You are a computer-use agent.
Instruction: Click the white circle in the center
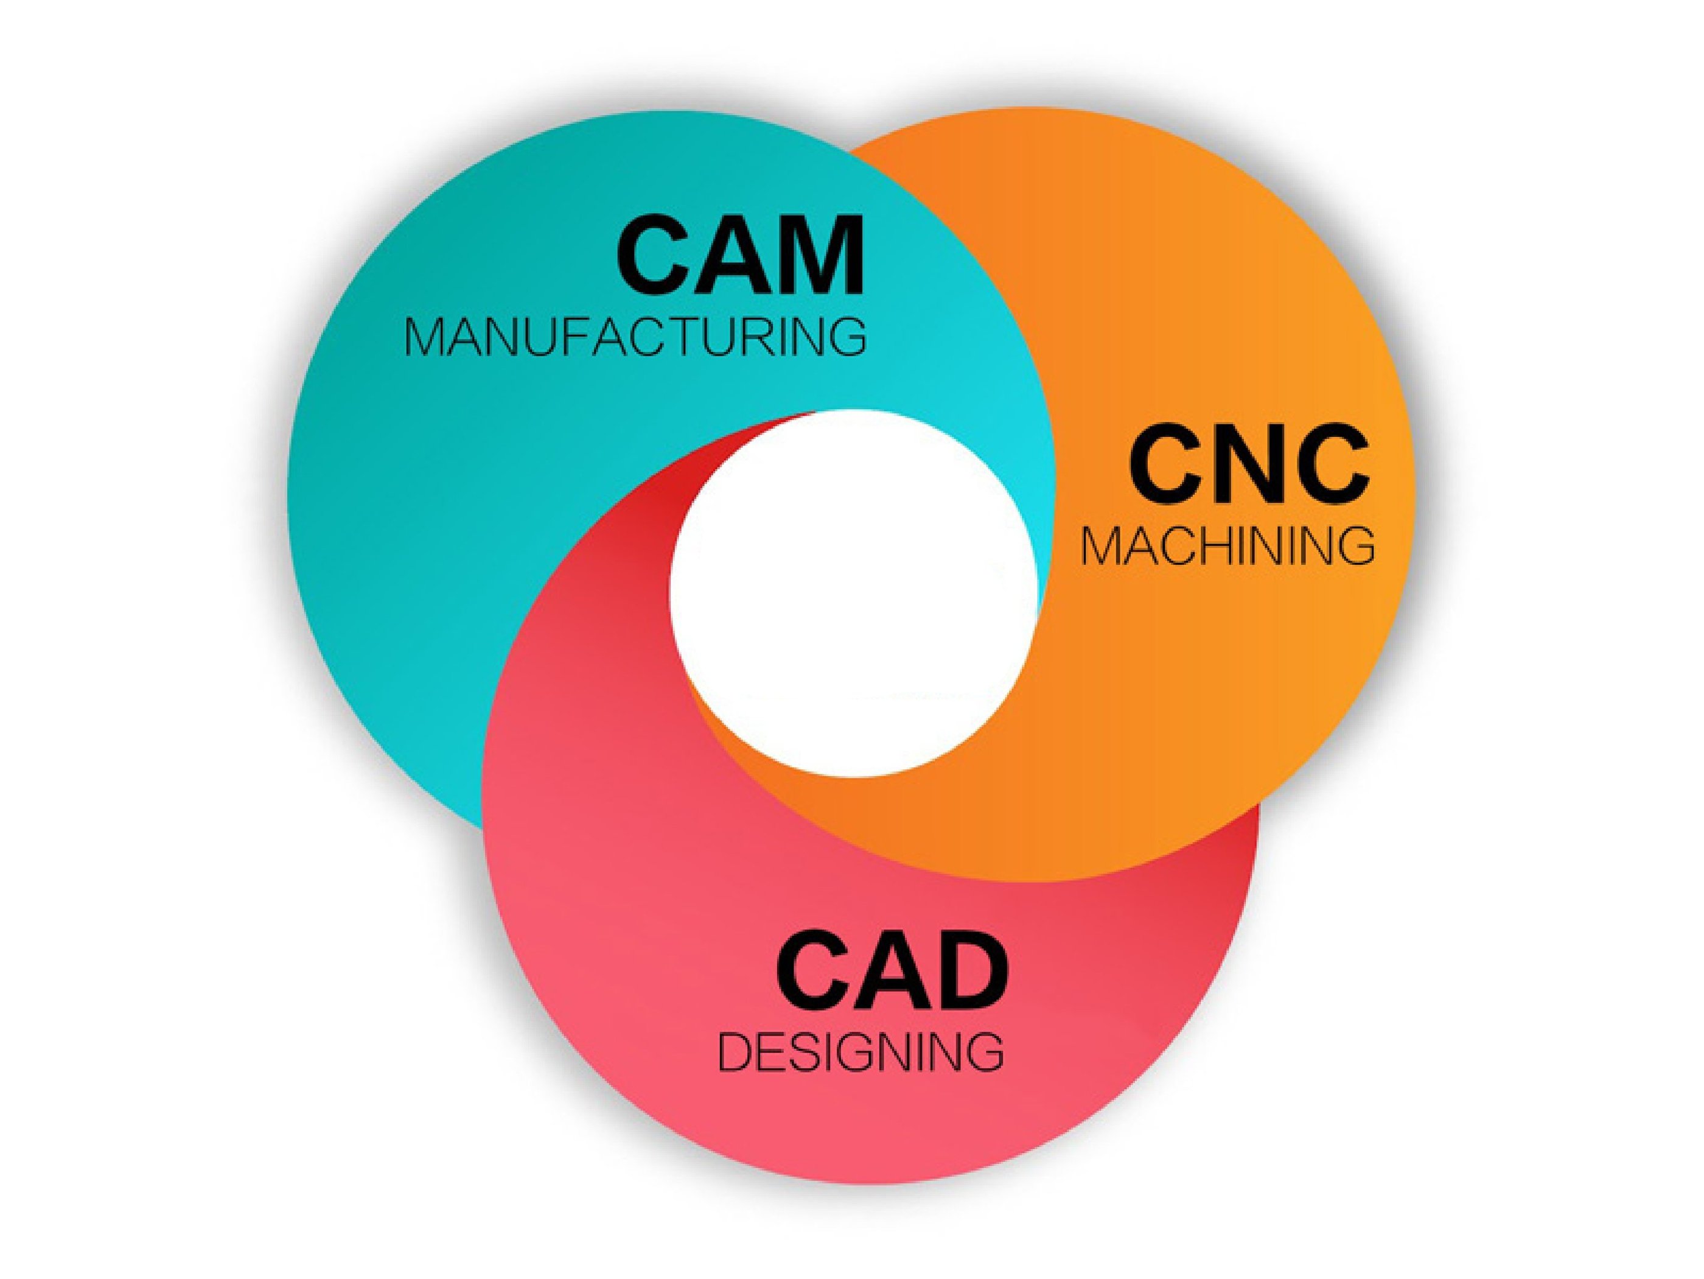coord(854,594)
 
